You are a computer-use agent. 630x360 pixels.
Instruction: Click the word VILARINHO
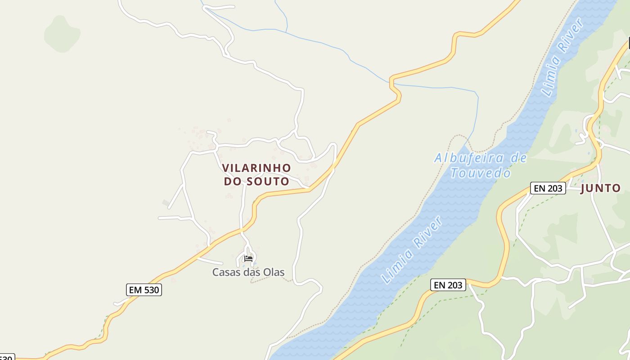coord(256,168)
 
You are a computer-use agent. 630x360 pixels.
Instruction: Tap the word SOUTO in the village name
coord(267,181)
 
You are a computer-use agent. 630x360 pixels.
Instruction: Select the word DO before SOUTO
coord(233,181)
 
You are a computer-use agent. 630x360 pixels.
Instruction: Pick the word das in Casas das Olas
coord(250,272)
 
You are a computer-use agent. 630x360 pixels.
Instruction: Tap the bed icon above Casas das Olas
coord(248,259)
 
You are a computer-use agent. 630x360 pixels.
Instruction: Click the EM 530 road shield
coord(144,290)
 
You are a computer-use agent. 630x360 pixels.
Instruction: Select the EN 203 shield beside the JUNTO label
coord(548,188)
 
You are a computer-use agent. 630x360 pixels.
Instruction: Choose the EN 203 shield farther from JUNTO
coord(448,284)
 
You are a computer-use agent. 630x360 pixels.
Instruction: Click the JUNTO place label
coord(600,188)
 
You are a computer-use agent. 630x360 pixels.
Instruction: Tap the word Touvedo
coord(481,173)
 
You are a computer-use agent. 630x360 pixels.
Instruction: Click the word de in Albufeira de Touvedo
coord(518,158)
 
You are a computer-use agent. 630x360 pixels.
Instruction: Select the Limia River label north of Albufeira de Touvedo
coord(563,57)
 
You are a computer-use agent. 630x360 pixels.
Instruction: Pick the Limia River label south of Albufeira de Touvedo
coord(412,250)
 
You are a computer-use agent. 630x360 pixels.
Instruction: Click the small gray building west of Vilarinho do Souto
coord(166,202)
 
